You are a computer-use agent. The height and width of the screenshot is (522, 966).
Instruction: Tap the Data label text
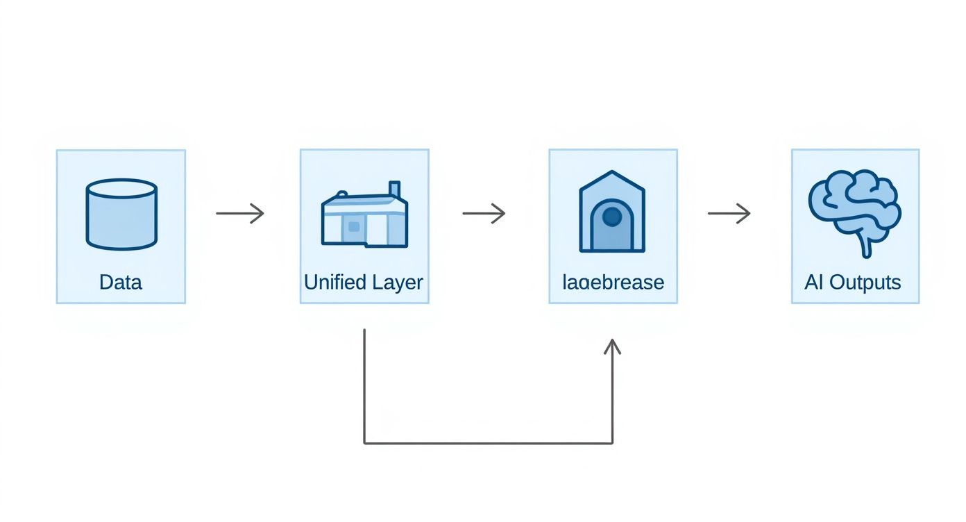121,283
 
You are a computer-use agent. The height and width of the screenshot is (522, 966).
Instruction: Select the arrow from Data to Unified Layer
240,213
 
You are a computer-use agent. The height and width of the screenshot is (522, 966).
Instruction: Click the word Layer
397,283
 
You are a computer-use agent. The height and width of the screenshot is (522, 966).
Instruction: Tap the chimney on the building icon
395,190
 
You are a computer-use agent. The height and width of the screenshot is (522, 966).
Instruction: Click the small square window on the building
354,226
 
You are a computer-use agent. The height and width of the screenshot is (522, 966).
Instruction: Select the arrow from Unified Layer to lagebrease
484,213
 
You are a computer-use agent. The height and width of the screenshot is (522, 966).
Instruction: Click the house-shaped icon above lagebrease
612,212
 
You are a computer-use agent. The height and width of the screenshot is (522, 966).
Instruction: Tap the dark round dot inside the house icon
612,217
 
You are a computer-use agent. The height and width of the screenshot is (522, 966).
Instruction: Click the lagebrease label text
613,283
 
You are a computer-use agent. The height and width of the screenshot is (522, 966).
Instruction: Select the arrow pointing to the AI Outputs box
729,213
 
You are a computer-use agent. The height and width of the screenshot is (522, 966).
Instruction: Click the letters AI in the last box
813,283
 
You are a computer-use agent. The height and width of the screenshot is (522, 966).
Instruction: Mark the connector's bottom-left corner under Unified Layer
364,443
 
